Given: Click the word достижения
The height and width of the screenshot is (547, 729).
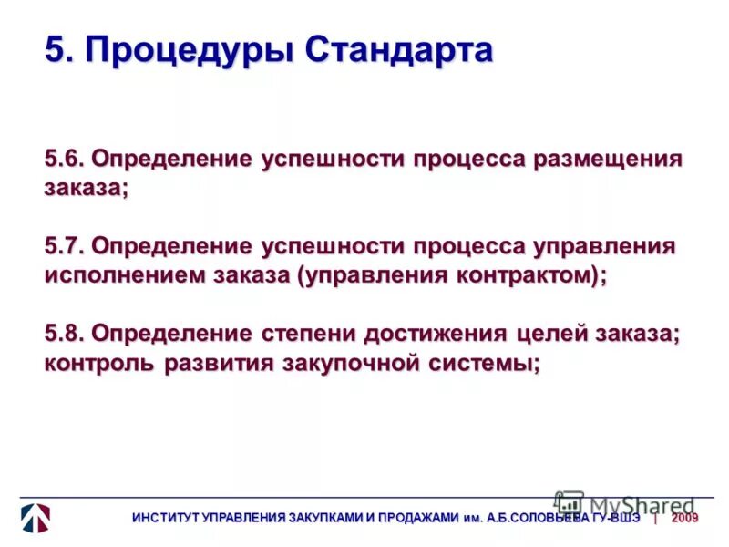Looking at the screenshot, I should point(442,334).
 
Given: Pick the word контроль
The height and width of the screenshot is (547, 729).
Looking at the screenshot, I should point(100,363).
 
